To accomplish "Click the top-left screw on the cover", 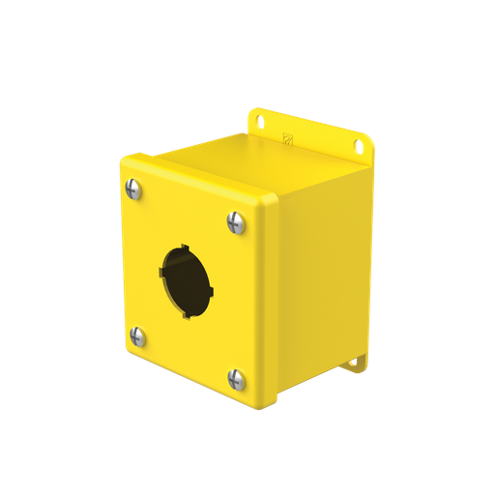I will point(134,190).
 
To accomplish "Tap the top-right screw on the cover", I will point(235,222).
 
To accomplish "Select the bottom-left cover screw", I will point(137,337).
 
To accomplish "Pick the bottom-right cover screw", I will point(235,379).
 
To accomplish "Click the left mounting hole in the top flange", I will point(260,121).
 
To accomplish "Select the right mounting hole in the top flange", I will point(358,147).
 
